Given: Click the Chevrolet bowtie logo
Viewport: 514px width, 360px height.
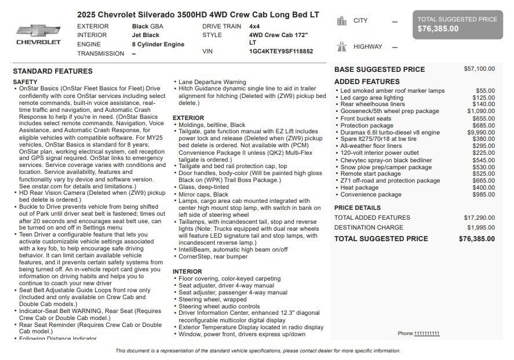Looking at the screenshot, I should [x=38, y=31].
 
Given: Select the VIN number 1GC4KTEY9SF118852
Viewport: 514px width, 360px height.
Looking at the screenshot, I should [x=280, y=52].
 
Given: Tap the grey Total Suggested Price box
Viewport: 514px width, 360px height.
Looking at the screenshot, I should [x=457, y=24].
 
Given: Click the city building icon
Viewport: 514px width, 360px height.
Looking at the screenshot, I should [x=342, y=21].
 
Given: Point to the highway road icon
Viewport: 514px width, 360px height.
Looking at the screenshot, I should [x=342, y=47].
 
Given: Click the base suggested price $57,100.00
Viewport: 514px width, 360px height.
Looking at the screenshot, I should [x=479, y=69].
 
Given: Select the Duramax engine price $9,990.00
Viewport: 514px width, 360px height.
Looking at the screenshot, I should [x=481, y=133].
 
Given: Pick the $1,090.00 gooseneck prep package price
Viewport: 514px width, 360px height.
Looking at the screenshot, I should [x=481, y=111].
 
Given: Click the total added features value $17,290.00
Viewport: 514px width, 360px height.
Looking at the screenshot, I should [x=479, y=218].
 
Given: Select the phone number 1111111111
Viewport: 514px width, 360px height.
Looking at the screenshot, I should [x=426, y=333].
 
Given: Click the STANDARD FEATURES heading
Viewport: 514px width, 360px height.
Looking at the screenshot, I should [x=53, y=71].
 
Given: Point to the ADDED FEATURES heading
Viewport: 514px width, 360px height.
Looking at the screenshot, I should [x=367, y=82].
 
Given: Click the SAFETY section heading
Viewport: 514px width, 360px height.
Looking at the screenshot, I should [x=25, y=82].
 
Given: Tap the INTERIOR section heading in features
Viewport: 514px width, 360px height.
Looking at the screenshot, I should [x=187, y=271].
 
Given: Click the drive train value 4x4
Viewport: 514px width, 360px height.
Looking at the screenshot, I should [x=254, y=27].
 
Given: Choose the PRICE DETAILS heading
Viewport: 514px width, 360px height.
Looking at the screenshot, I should [x=358, y=208].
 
